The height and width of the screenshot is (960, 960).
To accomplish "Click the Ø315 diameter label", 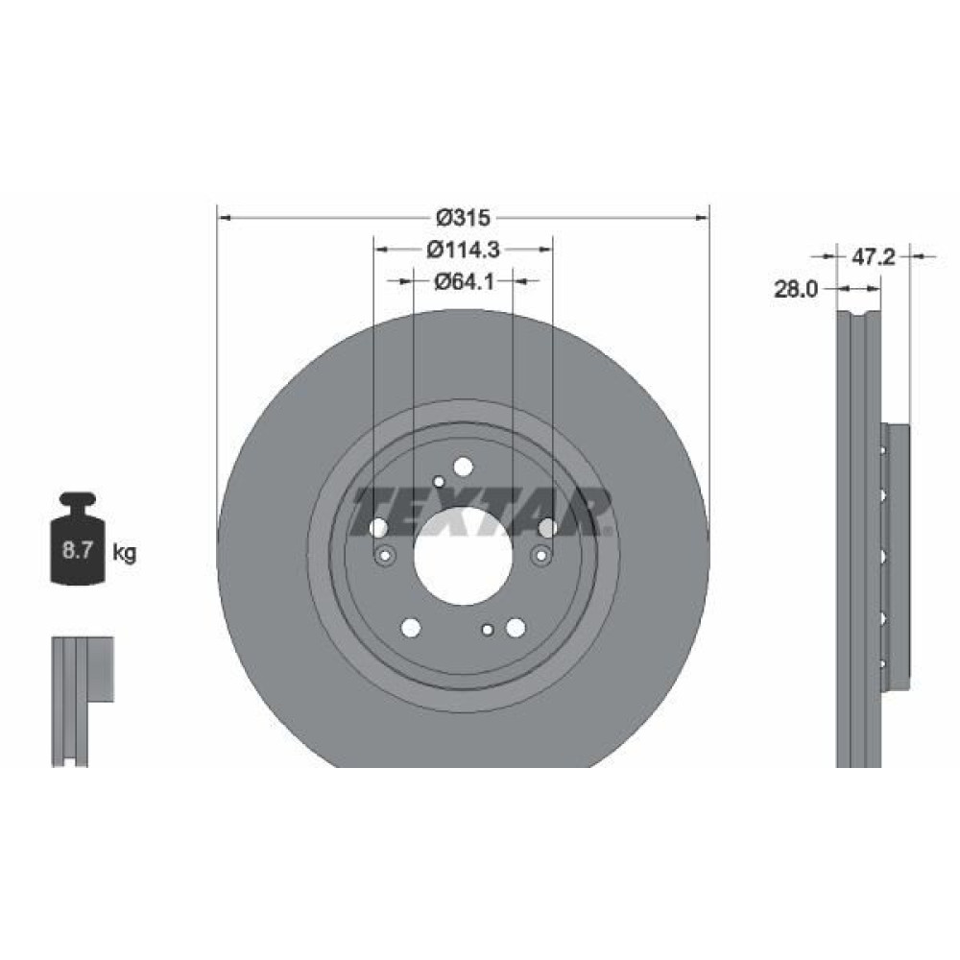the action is point(463,217).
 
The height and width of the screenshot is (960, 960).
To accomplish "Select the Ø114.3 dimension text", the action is point(464,250).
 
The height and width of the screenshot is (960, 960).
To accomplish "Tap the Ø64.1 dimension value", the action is point(464,281).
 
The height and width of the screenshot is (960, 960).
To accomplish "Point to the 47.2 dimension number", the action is point(873,257).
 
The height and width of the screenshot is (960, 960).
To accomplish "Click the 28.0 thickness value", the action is point(796,289).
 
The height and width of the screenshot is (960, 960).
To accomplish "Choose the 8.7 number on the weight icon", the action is point(77,550).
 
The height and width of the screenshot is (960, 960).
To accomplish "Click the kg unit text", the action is point(124,553).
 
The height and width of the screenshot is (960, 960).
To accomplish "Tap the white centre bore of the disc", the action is point(463,557).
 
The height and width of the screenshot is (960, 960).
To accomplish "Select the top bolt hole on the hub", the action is point(464,468).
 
